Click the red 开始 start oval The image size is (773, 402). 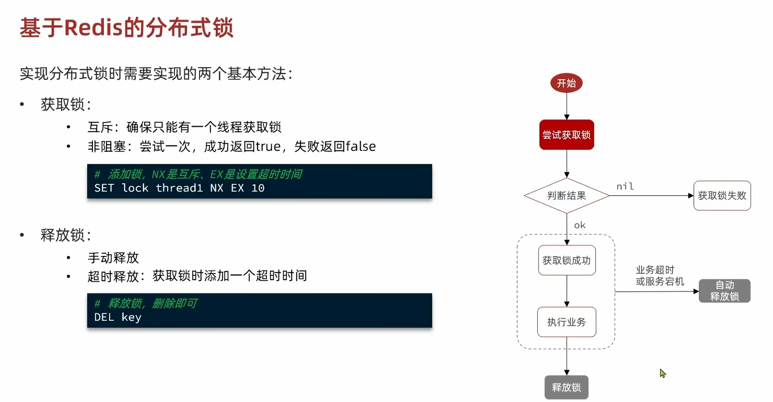(566, 83)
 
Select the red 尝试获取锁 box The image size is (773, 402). (567, 135)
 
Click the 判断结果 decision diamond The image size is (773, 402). (567, 196)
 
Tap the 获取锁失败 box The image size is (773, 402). (722, 196)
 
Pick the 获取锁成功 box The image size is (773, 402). (567, 260)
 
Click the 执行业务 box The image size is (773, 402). (567, 322)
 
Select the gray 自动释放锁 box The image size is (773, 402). (725, 291)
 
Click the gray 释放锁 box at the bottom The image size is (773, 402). (566, 387)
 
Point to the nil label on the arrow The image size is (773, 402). (625, 187)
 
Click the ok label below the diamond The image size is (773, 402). (580, 225)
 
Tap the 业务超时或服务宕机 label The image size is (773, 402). (659, 275)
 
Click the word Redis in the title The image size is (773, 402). (94, 28)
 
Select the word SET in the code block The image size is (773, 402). (104, 188)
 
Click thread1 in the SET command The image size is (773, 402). (179, 188)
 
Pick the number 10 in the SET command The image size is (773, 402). (258, 188)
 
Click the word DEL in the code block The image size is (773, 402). (104, 317)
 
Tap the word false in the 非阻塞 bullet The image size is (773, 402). (361, 146)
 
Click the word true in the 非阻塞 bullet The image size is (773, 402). (268, 146)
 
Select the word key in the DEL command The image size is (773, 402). (131, 317)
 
